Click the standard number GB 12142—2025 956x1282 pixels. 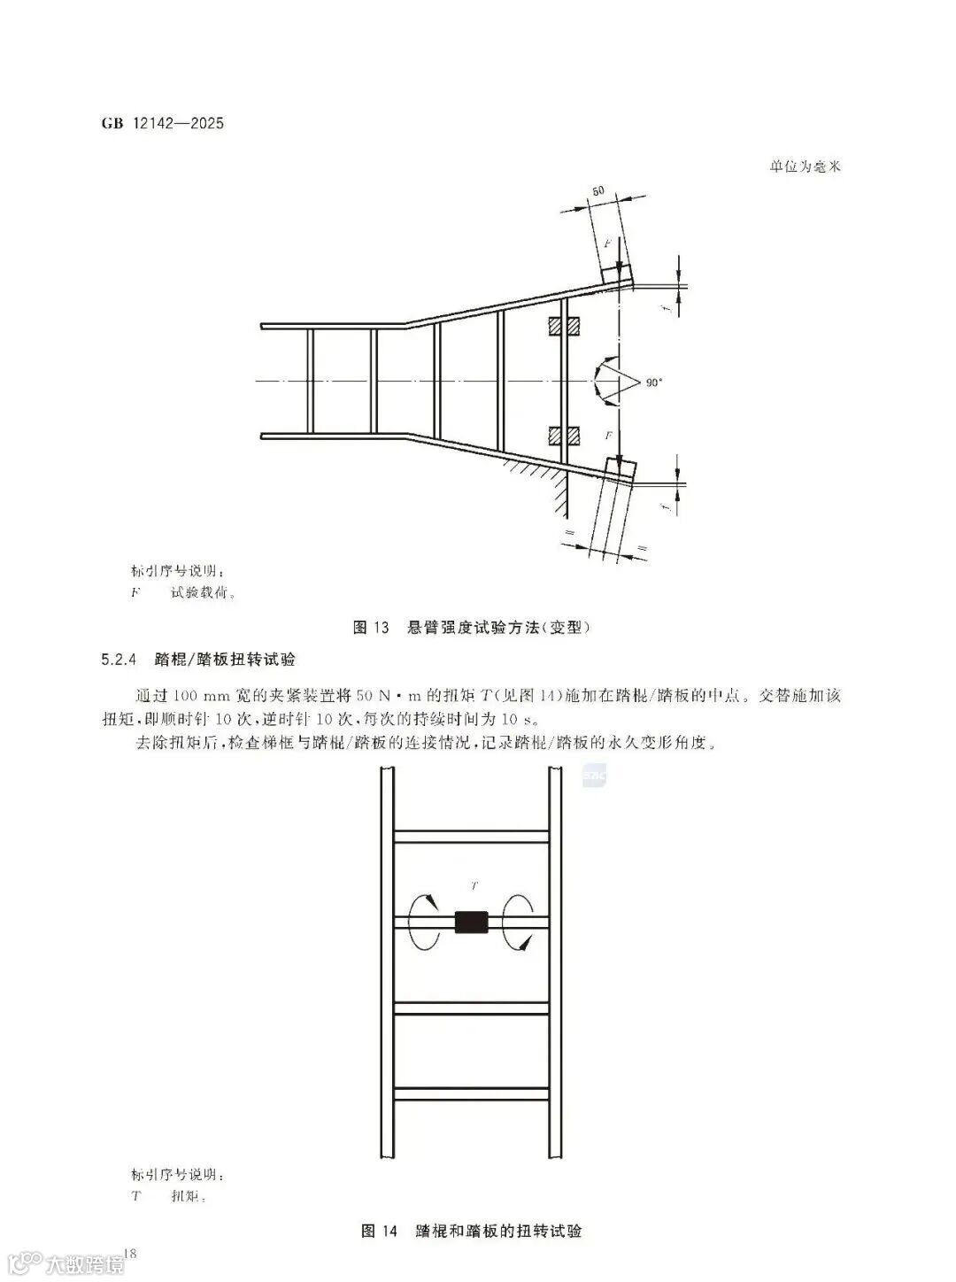(164, 123)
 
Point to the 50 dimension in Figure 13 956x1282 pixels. (598, 190)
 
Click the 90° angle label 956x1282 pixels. (653, 382)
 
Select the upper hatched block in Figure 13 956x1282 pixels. (563, 327)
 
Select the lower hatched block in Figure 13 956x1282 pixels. (563, 436)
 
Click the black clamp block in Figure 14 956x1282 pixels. (471, 922)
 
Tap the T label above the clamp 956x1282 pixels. (474, 884)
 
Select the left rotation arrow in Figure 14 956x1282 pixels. (423, 922)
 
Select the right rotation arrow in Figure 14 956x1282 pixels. (519, 922)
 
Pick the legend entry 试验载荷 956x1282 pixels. (203, 593)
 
